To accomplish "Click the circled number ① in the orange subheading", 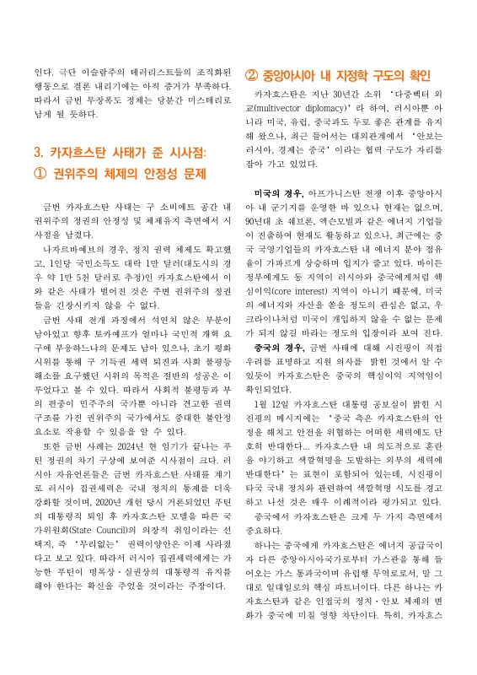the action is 38,174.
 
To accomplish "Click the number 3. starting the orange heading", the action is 37,153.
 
